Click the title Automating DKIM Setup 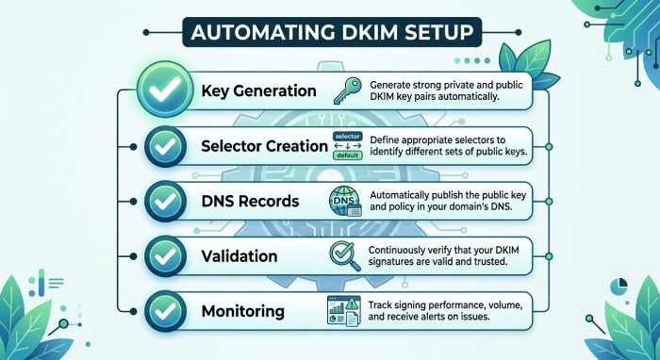332,32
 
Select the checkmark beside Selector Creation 165,146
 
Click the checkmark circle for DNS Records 165,202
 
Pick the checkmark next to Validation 165,256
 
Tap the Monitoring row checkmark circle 165,311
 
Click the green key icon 347,90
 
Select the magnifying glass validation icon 345,256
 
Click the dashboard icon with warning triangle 344,311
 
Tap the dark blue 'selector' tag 347,137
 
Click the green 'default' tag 347,155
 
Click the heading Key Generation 258,90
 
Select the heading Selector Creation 264,146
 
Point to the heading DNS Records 250,201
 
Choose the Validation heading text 239,256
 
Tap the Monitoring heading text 243,312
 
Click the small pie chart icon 619,286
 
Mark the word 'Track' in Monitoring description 380,305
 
